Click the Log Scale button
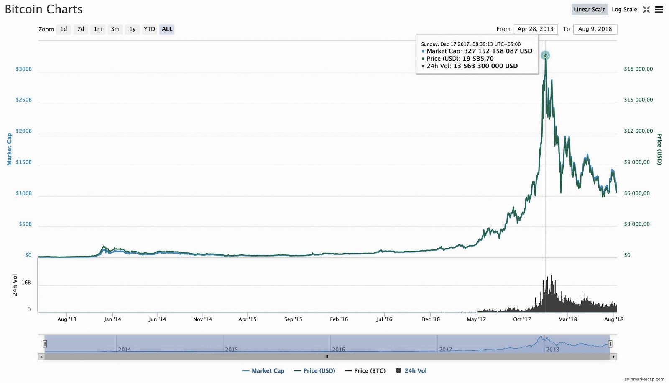click(624, 9)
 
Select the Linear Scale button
click(589, 9)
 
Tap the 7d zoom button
click(81, 29)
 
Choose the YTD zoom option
click(149, 29)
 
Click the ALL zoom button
click(167, 29)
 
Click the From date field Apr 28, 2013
click(535, 29)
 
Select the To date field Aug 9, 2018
click(595, 29)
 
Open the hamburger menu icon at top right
click(659, 10)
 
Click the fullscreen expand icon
click(646, 10)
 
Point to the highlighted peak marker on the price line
click(545, 55)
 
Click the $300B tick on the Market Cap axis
click(24, 69)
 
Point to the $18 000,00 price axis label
click(638, 69)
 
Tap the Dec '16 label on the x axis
click(430, 319)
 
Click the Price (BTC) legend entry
click(365, 371)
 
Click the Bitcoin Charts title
click(44, 9)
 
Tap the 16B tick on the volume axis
click(26, 283)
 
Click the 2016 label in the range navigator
click(339, 350)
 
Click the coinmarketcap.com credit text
click(644, 379)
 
